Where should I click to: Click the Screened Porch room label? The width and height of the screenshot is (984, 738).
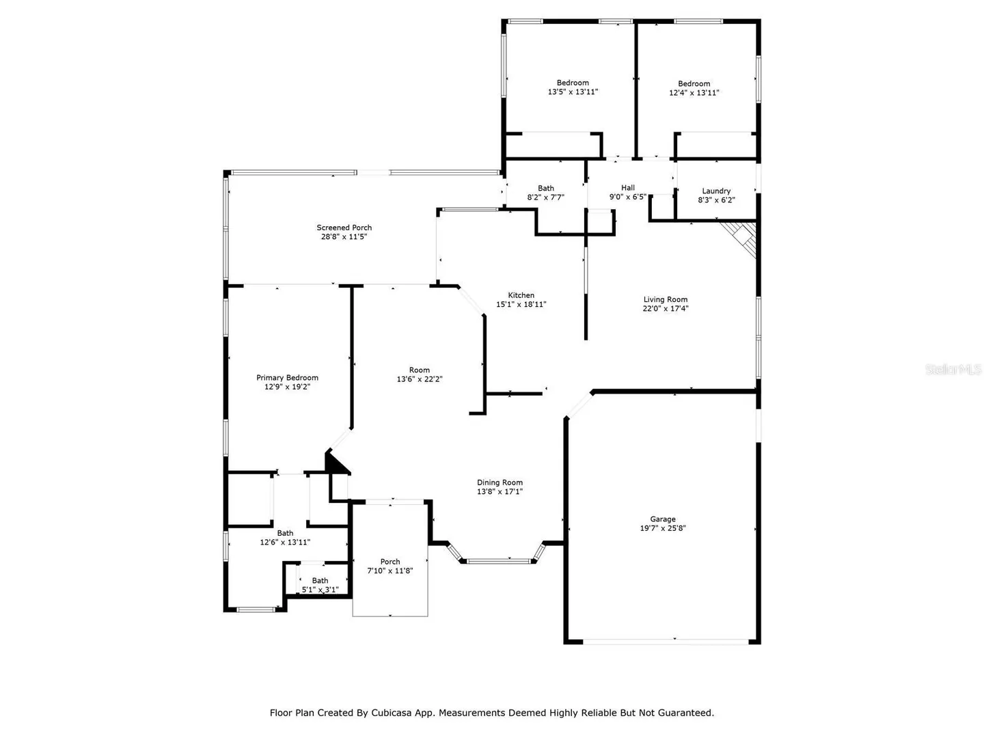344,228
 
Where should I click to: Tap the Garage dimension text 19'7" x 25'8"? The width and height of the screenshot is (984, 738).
663,528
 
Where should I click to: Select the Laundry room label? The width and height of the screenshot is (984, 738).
716,191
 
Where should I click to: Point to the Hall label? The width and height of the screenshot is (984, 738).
627,188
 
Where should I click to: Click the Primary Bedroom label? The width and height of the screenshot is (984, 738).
287,378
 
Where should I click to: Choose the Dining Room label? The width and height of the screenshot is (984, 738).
500,482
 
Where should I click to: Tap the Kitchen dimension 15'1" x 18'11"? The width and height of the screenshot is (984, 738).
521,304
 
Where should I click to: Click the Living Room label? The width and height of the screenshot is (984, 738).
666,299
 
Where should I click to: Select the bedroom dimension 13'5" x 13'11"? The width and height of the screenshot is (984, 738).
573,92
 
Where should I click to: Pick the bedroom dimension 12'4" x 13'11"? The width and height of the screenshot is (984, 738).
694,93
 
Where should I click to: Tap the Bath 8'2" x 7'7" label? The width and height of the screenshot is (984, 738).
545,193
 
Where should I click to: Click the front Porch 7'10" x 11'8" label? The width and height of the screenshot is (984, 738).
390,566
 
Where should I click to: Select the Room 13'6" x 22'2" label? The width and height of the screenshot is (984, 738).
419,374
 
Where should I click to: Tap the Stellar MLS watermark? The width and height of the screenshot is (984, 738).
953,369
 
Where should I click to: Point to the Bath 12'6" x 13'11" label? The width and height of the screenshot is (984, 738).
285,537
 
